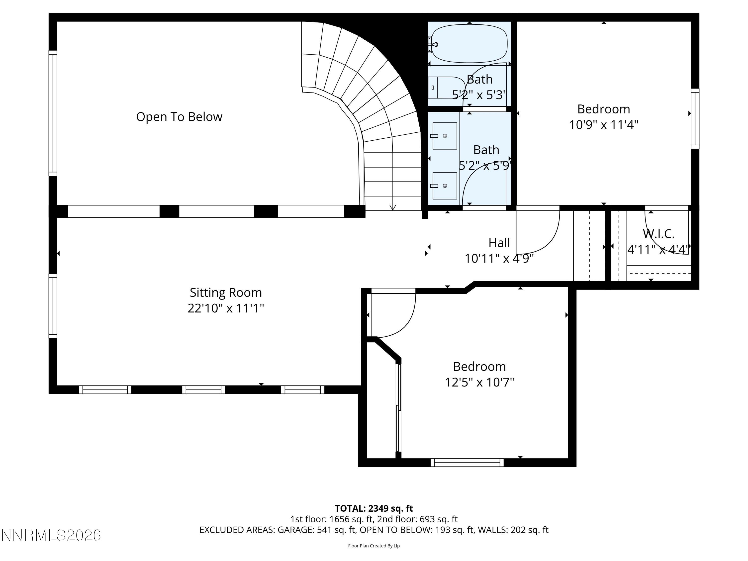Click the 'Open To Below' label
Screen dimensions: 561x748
179,117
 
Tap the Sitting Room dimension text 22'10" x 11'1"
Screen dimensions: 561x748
226,308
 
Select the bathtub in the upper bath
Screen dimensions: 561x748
469,43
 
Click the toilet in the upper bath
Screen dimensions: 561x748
446,88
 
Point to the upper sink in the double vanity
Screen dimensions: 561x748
445,136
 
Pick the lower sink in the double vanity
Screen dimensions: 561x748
445,186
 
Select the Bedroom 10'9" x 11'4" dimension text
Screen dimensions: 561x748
603,125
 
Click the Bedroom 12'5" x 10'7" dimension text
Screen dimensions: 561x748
479,382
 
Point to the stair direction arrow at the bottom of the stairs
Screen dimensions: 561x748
393,207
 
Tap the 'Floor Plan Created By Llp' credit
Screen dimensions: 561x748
374,546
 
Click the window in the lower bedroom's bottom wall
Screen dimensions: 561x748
467,462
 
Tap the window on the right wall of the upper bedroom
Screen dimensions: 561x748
695,118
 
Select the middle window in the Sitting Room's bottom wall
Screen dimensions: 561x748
203,389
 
